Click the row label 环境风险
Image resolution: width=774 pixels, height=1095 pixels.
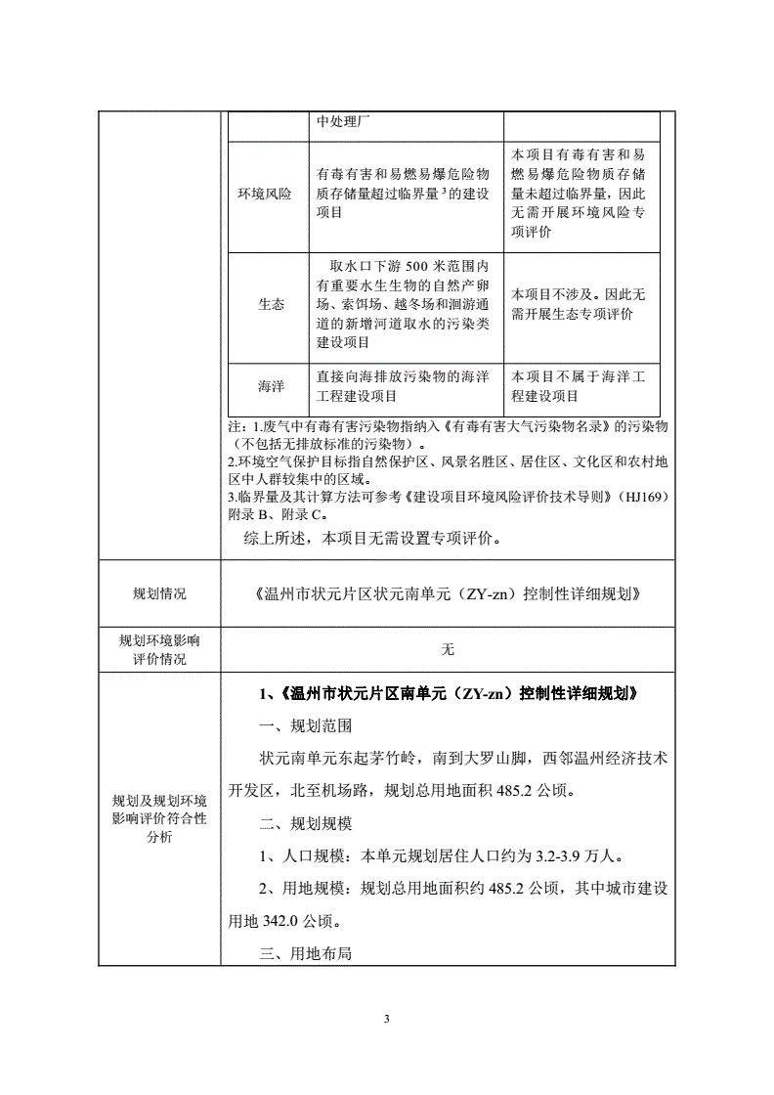coord(265,194)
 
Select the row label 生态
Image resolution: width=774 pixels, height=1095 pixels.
coord(272,304)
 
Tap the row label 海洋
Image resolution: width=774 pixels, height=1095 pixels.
coord(272,386)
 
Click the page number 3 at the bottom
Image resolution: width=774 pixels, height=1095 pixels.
coord(387,1020)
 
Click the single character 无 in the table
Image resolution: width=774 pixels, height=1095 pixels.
coord(448,648)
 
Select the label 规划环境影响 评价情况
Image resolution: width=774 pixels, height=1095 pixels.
coord(159,649)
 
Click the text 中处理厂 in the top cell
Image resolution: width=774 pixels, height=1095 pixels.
coord(343,121)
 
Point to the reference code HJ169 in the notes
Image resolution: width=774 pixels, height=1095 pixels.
coord(641,498)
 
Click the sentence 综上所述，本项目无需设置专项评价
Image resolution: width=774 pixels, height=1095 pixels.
coord(373,538)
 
